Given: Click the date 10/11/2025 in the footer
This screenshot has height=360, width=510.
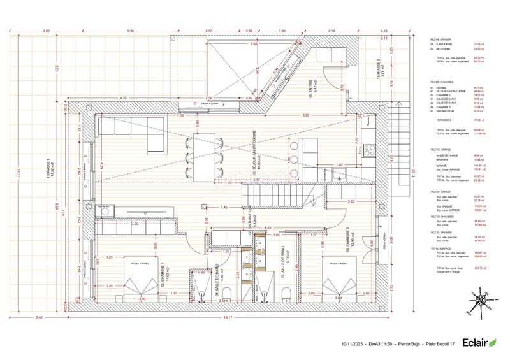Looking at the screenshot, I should (353, 345).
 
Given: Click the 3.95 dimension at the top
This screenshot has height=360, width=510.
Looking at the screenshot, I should (130, 31).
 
